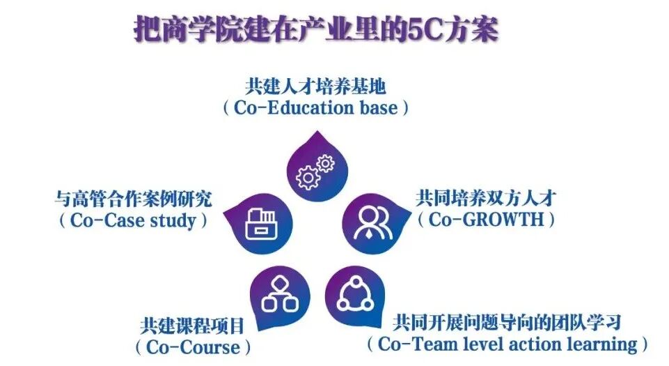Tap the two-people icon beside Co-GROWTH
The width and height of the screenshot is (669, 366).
pos(368,222)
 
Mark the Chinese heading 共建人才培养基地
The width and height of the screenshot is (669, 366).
pos(315,86)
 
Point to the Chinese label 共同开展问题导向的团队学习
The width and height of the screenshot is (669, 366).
pos(506,322)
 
